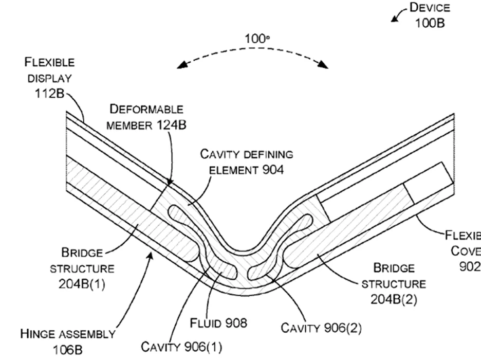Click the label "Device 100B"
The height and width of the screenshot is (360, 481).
pyautogui.click(x=429, y=15)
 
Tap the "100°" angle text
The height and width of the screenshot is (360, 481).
pyautogui.click(x=257, y=39)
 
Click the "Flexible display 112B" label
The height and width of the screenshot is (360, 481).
pyautogui.click(x=49, y=78)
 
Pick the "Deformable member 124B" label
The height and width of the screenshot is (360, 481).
pyautogui.click(x=147, y=117)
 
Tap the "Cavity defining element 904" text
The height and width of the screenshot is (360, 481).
pyautogui.click(x=247, y=162)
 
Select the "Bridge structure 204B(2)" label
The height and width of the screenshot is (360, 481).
pyautogui.click(x=394, y=283)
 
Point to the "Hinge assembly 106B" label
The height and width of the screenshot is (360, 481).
pyautogui.click(x=67, y=341)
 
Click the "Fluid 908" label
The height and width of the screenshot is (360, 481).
pyautogui.click(x=218, y=323)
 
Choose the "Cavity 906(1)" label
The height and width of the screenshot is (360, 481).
pyautogui.click(x=181, y=347)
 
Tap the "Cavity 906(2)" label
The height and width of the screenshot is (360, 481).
pyautogui.click(x=321, y=328)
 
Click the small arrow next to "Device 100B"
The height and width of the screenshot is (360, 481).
pyautogui.click(x=395, y=19)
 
